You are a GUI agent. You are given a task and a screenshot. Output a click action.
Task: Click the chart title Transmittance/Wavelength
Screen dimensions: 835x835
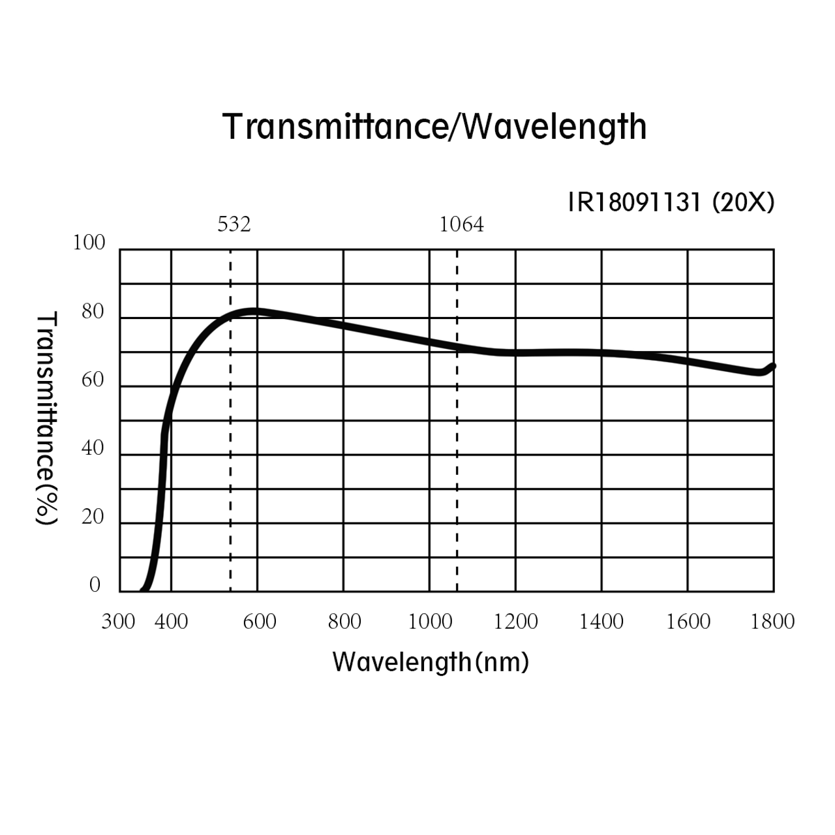pos(434,127)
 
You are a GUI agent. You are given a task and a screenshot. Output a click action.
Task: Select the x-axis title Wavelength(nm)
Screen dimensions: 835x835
pos(431,662)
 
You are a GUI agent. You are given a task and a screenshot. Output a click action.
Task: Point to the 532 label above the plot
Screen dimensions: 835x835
pos(234,224)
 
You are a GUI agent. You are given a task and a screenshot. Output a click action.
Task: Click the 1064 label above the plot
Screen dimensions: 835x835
pos(461,224)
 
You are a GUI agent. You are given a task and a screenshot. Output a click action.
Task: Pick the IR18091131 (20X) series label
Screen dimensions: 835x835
pos(671,203)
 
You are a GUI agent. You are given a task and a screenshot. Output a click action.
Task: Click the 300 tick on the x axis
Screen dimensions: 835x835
pos(118,622)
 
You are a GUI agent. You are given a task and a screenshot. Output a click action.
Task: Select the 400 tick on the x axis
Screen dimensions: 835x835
pos(171,622)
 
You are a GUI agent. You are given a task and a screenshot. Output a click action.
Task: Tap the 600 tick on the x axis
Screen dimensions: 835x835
pos(260,622)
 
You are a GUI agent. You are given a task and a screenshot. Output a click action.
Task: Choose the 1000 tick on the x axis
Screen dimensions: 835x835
pos(430,622)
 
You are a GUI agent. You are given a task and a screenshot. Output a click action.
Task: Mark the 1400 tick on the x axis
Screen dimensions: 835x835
pos(601,622)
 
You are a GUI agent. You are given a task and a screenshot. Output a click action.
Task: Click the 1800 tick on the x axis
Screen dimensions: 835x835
pos(773,622)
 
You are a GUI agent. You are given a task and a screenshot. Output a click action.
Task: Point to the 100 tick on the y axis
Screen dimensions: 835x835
pos(89,243)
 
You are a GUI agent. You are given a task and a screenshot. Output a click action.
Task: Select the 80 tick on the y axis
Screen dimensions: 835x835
pos(93,312)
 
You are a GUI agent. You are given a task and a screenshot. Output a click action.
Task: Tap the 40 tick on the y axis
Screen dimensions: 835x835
pos(93,448)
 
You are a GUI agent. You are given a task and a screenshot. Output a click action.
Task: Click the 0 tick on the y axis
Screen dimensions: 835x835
pos(95,584)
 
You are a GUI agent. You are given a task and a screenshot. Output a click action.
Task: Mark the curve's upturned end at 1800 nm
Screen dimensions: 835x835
pos(773,366)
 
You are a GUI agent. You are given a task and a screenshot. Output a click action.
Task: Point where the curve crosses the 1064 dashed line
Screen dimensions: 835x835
pos(457,346)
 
